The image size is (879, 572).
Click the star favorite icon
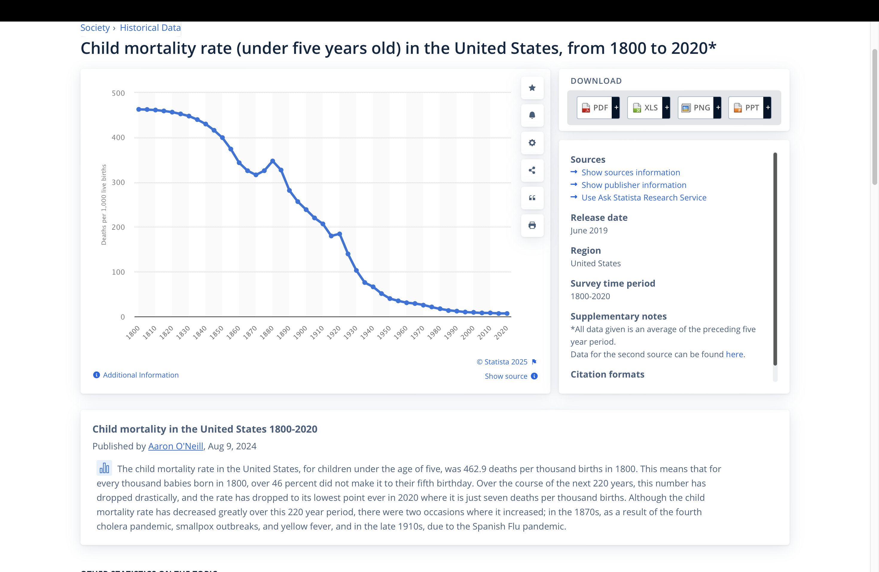click(532, 88)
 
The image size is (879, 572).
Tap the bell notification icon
click(532, 115)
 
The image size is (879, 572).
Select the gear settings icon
click(532, 143)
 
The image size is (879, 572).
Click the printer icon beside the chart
click(532, 225)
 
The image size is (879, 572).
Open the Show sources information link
click(631, 173)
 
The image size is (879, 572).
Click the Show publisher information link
click(634, 185)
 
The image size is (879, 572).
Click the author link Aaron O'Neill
click(176, 446)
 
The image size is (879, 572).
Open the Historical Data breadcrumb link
click(150, 28)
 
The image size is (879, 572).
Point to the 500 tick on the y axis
click(118, 93)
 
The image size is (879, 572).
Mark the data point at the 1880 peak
click(273, 161)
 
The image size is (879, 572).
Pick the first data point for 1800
click(138, 109)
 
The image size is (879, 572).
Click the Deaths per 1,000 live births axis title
click(104, 204)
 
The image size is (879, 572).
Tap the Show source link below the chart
click(506, 376)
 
